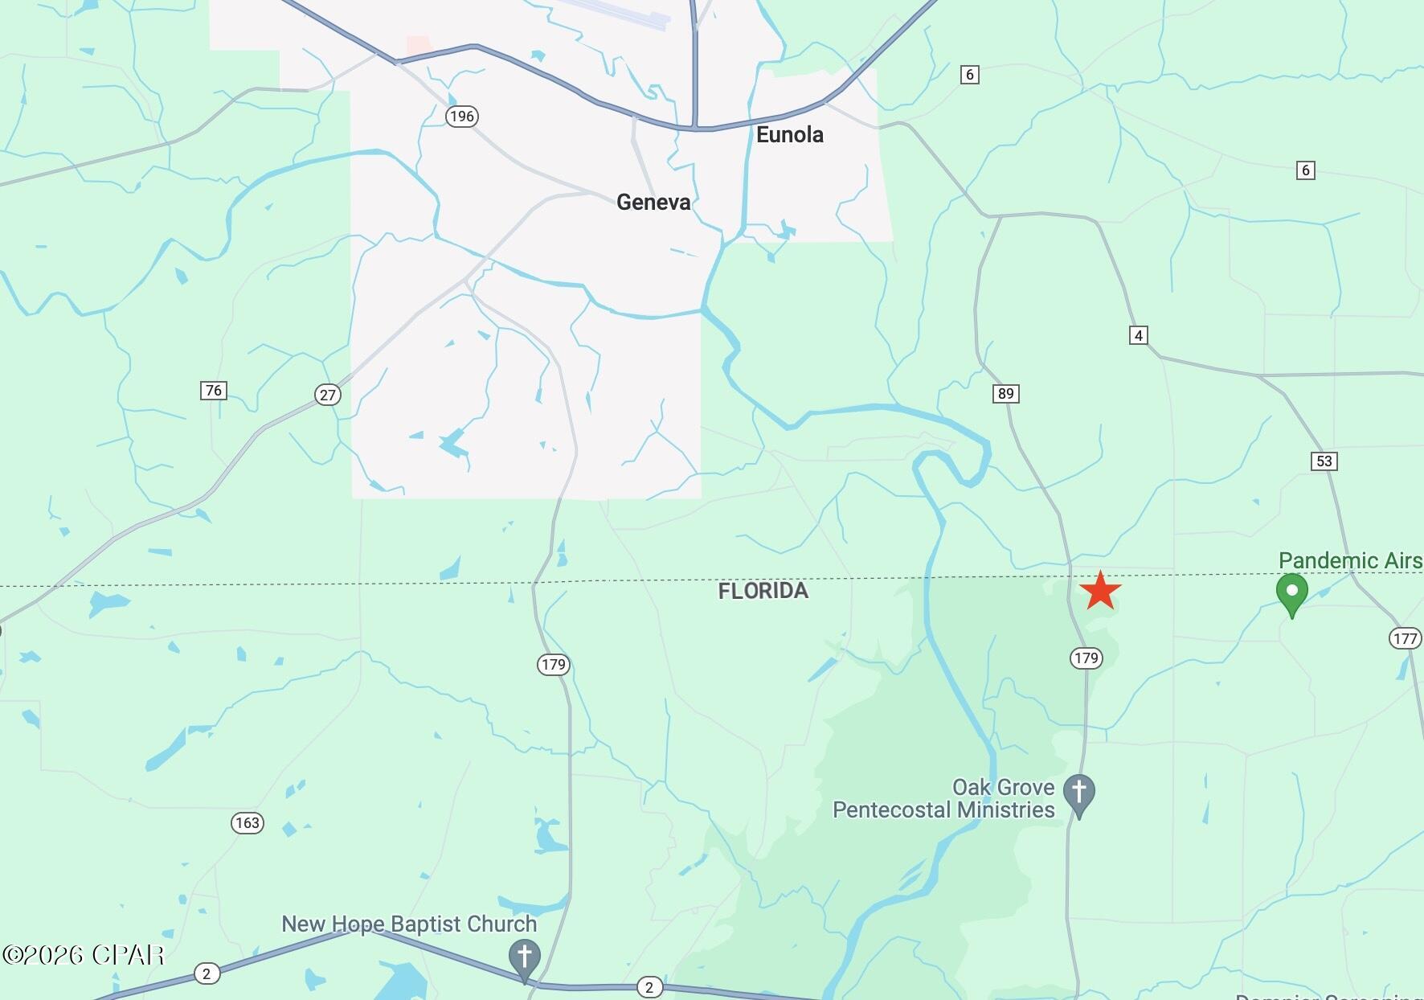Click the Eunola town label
point(789,135)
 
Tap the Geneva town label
point(653,203)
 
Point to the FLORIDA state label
point(763,592)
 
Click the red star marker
point(1099,592)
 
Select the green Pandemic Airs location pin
point(1291,593)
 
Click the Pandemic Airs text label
point(1350,560)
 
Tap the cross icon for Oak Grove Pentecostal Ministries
point(1078,793)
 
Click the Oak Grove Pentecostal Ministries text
point(943,798)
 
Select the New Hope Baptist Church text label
point(409,924)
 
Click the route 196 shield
point(462,117)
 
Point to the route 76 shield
point(213,391)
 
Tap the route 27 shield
point(327,395)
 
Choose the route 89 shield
point(1005,394)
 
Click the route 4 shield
point(1138,335)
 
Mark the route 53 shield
point(1324,461)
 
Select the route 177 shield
point(1405,638)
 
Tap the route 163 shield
point(247,823)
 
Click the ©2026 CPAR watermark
point(84,955)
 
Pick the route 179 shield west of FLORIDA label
point(553,665)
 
